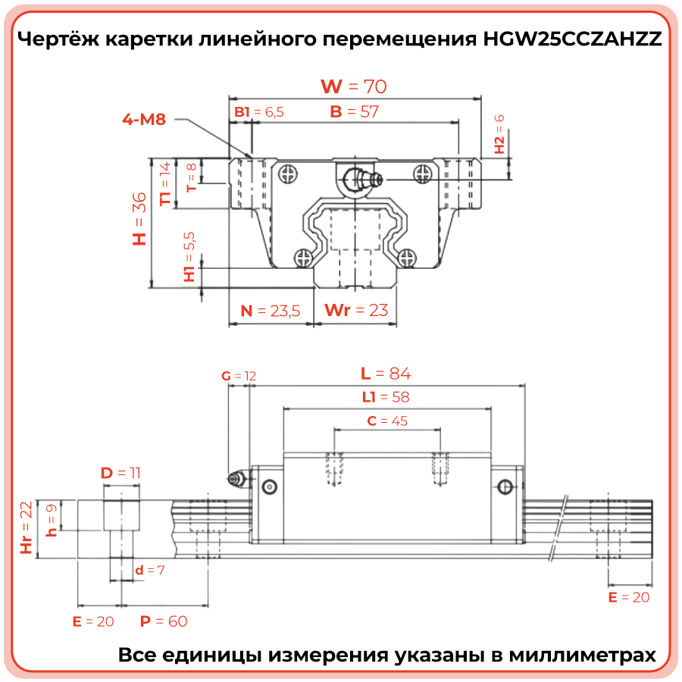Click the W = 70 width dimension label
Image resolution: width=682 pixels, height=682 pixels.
(354, 86)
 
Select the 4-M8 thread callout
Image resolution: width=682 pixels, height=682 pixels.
(144, 119)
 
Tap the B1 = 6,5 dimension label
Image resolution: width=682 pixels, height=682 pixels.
(259, 112)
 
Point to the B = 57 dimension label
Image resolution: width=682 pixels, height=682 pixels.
(355, 111)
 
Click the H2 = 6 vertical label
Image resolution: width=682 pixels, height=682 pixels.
(499, 134)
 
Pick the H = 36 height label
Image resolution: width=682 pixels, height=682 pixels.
(139, 219)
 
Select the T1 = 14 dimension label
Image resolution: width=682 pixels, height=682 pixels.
(165, 183)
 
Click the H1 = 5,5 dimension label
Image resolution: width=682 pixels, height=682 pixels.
(189, 257)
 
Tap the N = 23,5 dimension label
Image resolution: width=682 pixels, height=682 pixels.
(270, 311)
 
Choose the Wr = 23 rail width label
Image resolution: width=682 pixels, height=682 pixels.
(356, 310)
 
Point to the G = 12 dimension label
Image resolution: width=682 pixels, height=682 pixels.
(239, 376)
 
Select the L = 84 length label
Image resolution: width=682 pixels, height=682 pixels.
(386, 373)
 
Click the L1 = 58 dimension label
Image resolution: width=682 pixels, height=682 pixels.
(386, 396)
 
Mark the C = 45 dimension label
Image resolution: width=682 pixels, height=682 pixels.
(387, 421)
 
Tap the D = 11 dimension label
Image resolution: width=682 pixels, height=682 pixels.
(120, 473)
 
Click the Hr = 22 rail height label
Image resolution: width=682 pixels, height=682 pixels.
(27, 527)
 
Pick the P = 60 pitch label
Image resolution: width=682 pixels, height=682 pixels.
(164, 621)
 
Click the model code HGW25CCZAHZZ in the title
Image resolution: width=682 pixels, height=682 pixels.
(572, 39)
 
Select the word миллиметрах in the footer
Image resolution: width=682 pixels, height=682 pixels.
(583, 655)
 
